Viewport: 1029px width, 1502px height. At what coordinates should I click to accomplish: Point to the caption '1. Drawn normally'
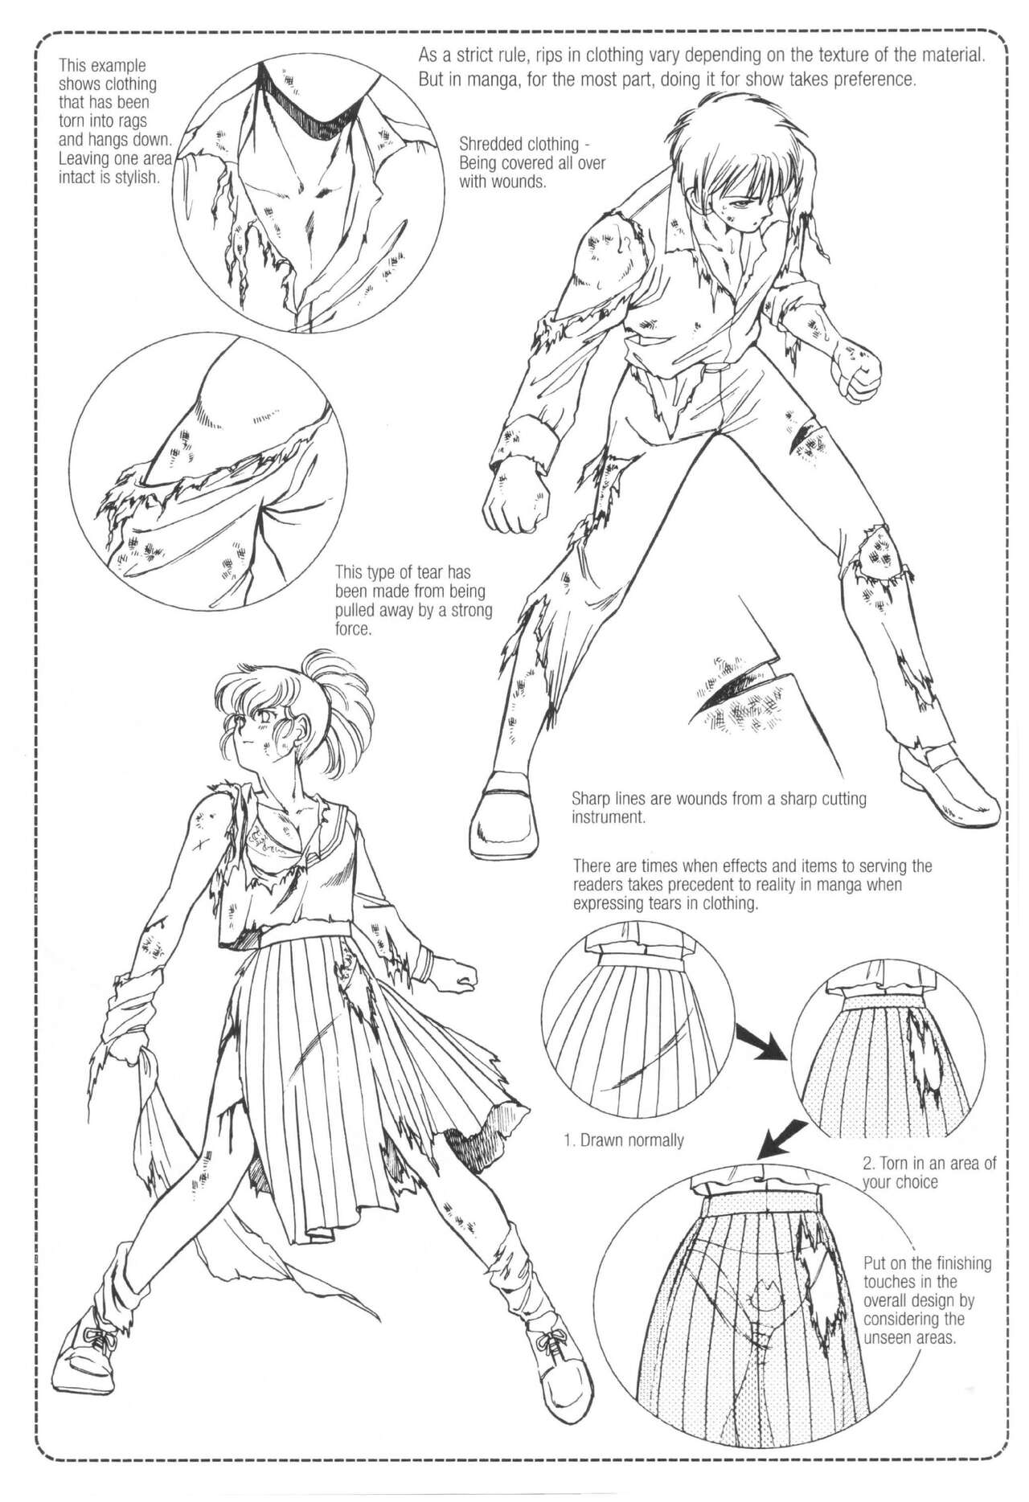point(623,1140)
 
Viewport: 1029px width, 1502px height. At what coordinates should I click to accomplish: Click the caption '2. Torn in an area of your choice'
point(929,1173)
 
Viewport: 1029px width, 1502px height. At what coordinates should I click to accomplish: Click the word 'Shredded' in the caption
point(492,145)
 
